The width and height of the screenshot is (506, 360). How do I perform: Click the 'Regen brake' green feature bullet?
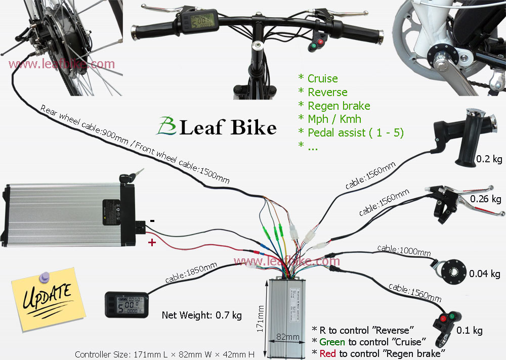click(x=334, y=106)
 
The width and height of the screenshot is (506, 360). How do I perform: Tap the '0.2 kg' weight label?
click(x=489, y=159)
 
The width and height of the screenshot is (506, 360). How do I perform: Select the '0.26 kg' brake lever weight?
click(x=485, y=199)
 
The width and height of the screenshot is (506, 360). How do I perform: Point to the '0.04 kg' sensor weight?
click(x=484, y=274)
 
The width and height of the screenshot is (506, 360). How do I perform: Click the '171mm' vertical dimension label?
click(x=260, y=319)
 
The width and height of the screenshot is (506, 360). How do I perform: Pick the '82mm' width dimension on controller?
click(x=287, y=337)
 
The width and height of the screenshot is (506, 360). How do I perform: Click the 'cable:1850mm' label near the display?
click(x=191, y=273)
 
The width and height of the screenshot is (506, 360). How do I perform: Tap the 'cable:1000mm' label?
click(x=404, y=250)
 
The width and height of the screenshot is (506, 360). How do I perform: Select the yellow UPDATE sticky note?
click(x=49, y=299)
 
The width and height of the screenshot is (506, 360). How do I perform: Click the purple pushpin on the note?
click(x=45, y=277)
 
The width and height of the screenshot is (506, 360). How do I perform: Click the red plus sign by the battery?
click(x=152, y=242)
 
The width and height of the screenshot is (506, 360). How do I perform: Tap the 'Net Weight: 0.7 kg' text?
click(x=202, y=315)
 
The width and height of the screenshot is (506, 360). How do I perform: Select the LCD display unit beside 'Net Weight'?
click(x=126, y=305)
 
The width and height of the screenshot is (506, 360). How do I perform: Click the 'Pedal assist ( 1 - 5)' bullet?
click(x=351, y=132)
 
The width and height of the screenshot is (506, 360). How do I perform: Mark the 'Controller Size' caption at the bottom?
click(x=164, y=354)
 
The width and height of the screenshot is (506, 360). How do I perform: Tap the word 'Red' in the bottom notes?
click(x=327, y=353)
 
